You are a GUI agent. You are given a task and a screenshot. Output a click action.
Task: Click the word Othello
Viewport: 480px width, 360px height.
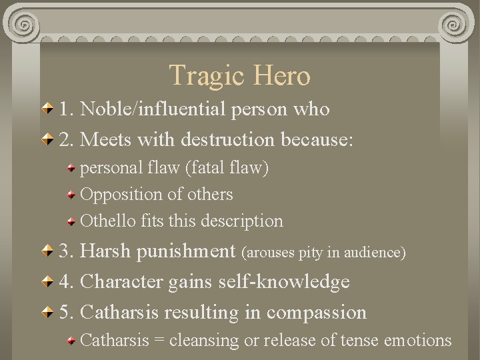(x=109, y=220)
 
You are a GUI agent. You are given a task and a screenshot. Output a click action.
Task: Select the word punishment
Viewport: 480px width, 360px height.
(x=187, y=252)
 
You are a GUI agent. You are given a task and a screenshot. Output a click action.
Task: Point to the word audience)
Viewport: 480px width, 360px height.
(x=379, y=253)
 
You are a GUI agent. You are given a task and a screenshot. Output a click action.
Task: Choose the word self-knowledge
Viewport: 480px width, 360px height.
(x=284, y=282)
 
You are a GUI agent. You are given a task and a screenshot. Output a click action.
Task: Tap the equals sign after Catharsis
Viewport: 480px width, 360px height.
(x=159, y=340)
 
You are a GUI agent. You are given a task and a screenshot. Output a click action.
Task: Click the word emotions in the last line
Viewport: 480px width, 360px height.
(x=419, y=340)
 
